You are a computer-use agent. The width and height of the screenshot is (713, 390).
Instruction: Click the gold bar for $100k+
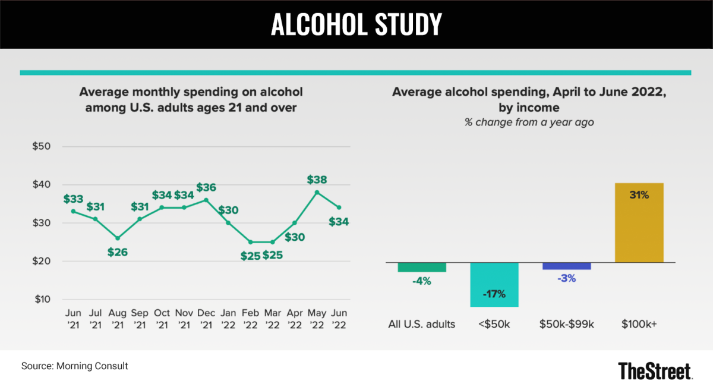click(x=639, y=222)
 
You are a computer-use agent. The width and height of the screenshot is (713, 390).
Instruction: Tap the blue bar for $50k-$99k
click(x=567, y=266)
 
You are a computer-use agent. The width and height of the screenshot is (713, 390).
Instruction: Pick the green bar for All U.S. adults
click(x=422, y=267)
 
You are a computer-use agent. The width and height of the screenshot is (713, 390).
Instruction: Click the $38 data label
click(x=317, y=180)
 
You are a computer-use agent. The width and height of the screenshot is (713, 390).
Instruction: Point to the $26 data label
click(x=117, y=251)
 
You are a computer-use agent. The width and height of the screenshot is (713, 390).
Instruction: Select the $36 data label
click(x=207, y=187)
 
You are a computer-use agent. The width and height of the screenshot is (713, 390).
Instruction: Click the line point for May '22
click(x=317, y=192)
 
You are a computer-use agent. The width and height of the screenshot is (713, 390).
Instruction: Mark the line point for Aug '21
click(x=117, y=238)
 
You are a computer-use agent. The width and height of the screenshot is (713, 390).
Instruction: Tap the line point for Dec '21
click(x=206, y=200)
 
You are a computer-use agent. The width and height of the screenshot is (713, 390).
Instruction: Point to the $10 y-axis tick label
click(x=42, y=299)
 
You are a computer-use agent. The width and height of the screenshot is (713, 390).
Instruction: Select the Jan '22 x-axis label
click(x=228, y=320)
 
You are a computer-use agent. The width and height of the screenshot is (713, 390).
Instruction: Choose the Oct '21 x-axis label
click(x=162, y=320)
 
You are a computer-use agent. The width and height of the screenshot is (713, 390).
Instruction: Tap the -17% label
click(x=494, y=294)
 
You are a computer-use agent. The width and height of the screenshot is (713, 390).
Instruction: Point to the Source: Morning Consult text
click(x=74, y=366)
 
